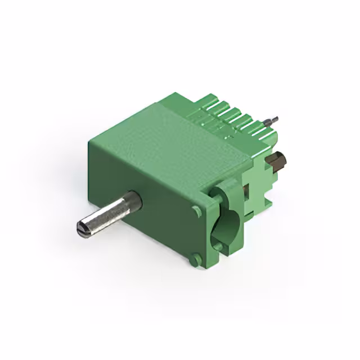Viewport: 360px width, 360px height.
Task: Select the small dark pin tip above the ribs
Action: click(274, 119)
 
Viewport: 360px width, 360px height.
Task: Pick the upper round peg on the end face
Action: click(196, 211)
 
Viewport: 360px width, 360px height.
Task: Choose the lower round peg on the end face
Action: click(195, 260)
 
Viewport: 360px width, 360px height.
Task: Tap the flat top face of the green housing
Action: click(169, 135)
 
